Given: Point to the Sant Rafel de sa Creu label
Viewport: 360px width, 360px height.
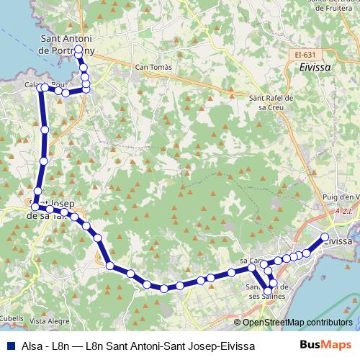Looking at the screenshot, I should point(269,102).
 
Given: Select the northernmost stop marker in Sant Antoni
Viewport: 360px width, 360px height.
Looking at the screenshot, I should point(78,49).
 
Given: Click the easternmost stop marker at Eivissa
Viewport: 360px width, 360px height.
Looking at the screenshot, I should point(325,237).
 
